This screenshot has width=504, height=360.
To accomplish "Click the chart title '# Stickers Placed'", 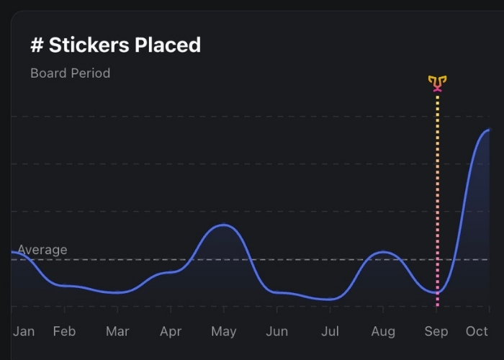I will [115, 45].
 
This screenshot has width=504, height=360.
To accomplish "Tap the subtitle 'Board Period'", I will [70, 73].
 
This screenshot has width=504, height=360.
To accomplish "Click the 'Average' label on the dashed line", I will [42, 250].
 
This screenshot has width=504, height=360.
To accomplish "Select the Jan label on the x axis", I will [24, 331].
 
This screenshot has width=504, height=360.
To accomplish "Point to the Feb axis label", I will [64, 331].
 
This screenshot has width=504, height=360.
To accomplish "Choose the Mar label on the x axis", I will [117, 331].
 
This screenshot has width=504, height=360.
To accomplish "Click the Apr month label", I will [171, 331].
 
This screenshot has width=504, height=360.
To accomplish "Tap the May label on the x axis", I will [224, 331].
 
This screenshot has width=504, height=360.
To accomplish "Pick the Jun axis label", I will [277, 331].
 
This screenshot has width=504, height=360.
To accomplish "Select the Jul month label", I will [330, 331].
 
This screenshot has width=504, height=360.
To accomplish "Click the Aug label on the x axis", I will [383, 331].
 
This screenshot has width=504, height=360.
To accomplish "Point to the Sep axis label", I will [436, 331].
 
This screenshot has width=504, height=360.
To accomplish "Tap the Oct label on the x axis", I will [477, 331].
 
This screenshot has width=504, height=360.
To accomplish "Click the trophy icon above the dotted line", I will [437, 84].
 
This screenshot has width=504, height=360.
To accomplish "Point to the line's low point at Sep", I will [436, 293].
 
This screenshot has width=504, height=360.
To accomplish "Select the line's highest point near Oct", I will [488, 130].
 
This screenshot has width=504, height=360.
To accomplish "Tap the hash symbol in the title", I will [37, 45].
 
